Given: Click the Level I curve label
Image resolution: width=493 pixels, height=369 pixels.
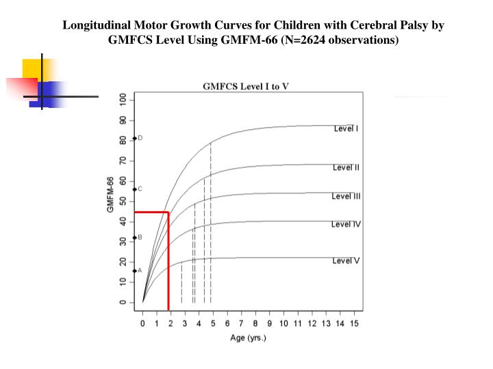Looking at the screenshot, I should (346, 128).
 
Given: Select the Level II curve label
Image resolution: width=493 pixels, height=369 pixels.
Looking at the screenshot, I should (346, 167).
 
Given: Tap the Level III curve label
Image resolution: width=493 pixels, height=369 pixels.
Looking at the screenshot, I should (346, 197).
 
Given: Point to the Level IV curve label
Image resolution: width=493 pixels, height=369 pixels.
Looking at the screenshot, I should (346, 224).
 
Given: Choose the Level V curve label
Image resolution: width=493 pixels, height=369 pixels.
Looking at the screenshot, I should (346, 261).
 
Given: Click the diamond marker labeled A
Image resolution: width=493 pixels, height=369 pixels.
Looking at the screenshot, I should (135, 271).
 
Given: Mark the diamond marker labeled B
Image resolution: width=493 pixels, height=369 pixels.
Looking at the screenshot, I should (135, 238).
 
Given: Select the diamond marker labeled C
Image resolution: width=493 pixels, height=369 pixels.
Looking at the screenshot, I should (135, 189).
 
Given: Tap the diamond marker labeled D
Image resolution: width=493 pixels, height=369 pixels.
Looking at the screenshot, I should (135, 138).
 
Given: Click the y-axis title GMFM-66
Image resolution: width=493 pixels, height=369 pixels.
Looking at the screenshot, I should (110, 194).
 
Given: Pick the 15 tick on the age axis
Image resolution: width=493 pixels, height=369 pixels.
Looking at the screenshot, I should (354, 323).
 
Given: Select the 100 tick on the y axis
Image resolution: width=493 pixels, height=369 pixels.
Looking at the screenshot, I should (123, 100).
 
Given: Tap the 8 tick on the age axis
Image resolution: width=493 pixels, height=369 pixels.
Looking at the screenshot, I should (255, 323).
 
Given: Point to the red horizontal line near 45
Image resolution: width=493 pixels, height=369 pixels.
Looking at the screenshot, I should (151, 213).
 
